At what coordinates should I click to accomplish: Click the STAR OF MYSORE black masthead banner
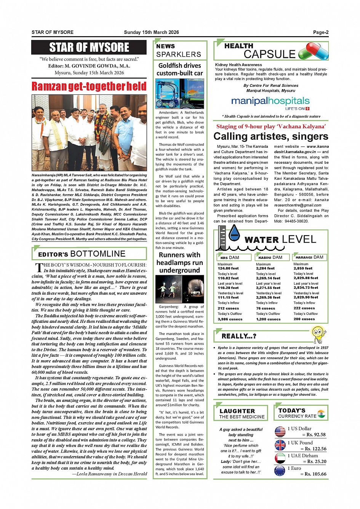(89, 48)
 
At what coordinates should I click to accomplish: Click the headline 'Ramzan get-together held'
(89, 86)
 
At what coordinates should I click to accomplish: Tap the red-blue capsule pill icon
(313, 51)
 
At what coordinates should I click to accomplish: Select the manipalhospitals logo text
(270, 101)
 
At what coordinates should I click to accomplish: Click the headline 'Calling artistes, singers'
(270, 136)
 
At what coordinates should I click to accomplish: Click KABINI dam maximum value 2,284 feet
(265, 268)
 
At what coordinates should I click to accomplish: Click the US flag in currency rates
(280, 432)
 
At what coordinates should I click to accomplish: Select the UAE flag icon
(280, 458)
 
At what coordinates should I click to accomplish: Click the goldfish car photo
(180, 94)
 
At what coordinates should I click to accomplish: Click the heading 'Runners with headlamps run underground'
(180, 263)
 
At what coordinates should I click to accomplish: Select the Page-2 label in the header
(320, 32)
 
